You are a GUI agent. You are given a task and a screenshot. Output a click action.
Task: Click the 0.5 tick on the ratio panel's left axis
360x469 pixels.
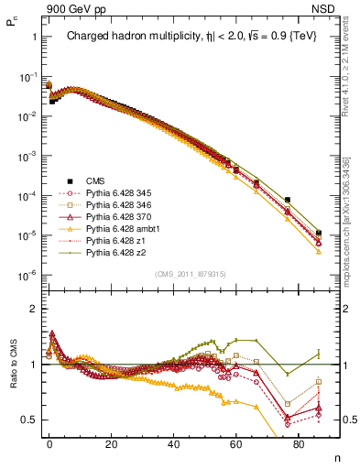click(27, 420)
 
